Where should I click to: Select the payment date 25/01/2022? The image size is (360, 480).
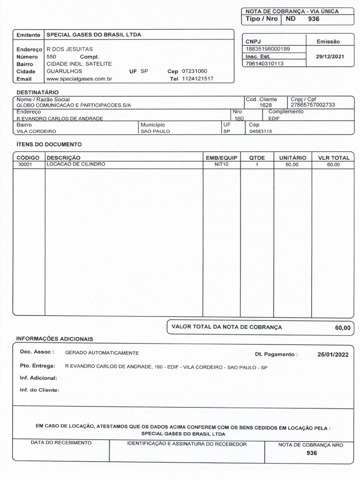tap(333, 354)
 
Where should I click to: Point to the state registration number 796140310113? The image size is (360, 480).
tap(265, 63)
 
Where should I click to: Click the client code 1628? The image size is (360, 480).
tap(265, 105)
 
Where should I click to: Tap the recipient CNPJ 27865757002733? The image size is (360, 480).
tap(313, 105)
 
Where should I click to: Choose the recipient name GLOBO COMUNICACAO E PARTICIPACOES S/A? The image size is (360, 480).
tap(74, 105)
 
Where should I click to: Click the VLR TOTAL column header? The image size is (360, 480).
tap(334, 158)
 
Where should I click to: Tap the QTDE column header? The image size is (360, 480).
tap(257, 158)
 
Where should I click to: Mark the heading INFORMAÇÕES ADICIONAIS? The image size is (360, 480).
tap(54, 338)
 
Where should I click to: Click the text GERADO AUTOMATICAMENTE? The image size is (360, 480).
tap(102, 352)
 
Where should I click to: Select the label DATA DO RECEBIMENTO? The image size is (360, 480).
tap(61, 442)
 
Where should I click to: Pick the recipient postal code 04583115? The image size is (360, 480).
tap(261, 132)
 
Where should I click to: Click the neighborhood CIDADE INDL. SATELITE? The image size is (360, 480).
tap(79, 64)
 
